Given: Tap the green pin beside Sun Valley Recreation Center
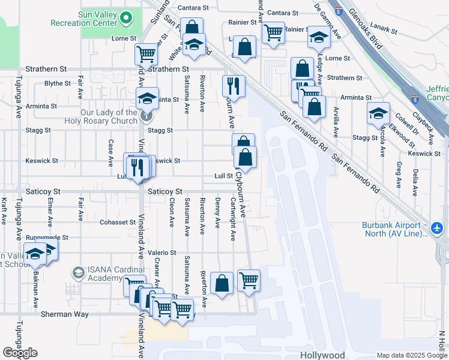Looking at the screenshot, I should [x=125, y=17].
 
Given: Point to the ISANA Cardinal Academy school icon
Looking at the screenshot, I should [x=77, y=274].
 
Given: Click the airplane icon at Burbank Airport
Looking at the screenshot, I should [x=436, y=229].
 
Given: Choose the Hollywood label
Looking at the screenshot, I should [x=322, y=355].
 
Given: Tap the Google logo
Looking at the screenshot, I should [x=20, y=353].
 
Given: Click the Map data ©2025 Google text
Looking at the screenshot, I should [x=411, y=355].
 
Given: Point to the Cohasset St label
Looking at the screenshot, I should [x=118, y=222].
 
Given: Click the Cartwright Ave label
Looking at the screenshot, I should [x=232, y=220].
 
